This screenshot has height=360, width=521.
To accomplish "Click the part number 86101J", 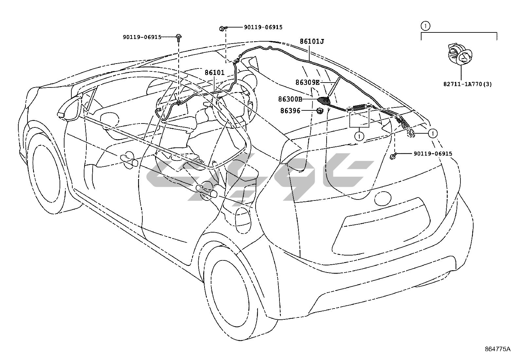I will pos(312,42).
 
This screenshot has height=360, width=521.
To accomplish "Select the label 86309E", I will pos(307,83).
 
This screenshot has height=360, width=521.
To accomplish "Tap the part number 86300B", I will pos(290,99).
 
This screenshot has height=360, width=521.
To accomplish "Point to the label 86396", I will pos(290,111).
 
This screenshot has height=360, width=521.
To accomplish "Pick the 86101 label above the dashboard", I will pos(215,72).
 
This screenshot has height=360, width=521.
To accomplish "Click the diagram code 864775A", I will pos(497,349).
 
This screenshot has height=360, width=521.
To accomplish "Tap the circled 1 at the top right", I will pos(425,25).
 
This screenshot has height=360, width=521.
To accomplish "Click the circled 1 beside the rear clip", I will pos(433,133).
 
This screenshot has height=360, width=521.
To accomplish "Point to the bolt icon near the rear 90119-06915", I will pos(395,155).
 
